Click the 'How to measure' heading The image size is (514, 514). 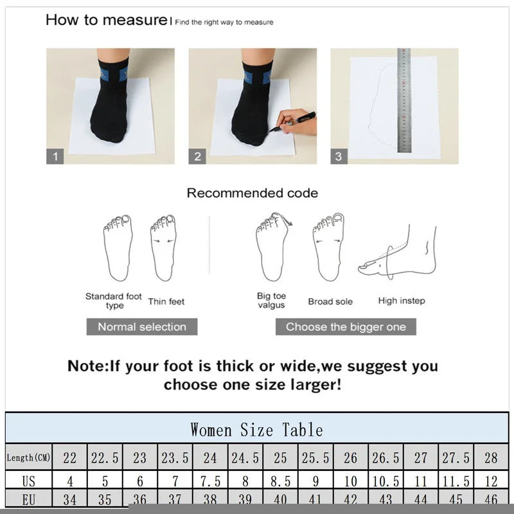(106, 20)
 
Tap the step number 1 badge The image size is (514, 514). (55, 156)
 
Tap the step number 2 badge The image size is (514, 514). (198, 156)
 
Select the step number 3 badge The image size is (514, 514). (339, 156)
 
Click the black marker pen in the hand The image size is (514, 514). (303, 120)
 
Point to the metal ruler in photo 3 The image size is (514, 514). (403, 100)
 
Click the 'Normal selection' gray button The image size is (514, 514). (141, 326)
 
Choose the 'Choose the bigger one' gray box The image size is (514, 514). (346, 326)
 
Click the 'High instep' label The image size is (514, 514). (402, 301)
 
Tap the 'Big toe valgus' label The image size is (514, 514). (271, 301)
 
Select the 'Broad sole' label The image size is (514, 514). (330, 301)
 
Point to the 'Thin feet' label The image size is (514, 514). (166, 301)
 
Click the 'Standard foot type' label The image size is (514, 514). (114, 301)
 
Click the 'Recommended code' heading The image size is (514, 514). (252, 193)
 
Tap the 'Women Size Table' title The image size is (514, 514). (256, 429)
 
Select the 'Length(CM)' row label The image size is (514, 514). (28, 457)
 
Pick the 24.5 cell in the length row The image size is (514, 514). (245, 457)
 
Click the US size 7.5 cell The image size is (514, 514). (210, 481)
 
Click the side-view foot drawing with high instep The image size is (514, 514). (398, 254)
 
